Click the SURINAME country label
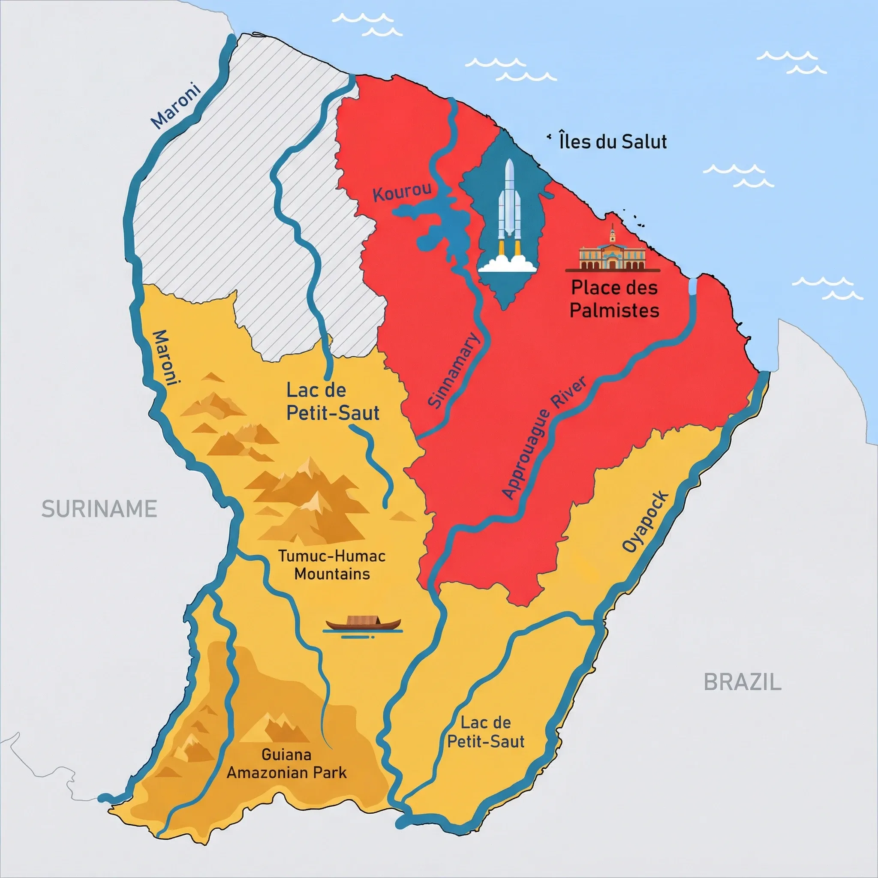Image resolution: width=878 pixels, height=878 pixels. coord(99,509)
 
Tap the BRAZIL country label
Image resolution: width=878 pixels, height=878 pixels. coord(742,682)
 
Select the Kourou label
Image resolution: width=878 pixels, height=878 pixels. coord(402,192)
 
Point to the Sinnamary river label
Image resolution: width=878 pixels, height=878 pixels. coord(454,370)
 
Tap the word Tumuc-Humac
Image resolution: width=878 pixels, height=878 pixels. coord(332,556)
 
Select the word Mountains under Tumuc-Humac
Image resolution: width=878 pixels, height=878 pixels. coord(332,574)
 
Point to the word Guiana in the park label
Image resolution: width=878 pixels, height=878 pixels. coord(286,755)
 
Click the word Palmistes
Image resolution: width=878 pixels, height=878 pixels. coord(614,310)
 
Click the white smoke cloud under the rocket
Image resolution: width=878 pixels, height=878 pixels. coord(507,265)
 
